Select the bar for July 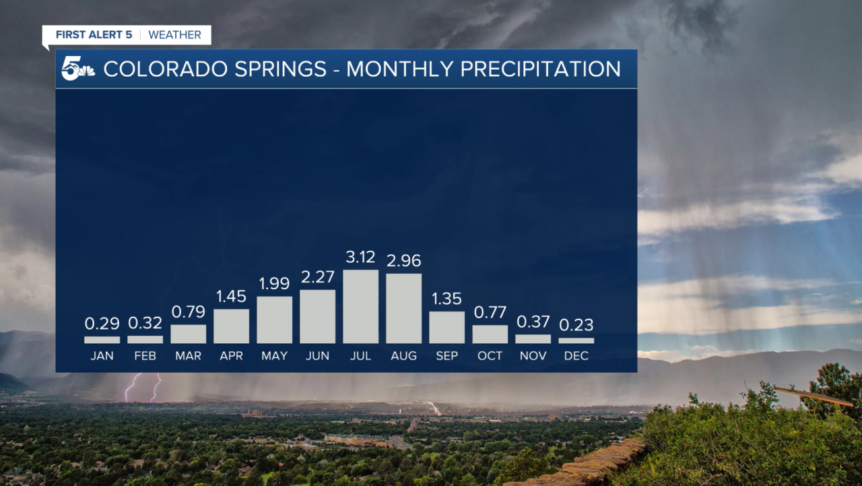tap(360, 307)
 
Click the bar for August tap(403, 309)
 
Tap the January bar tap(102, 340)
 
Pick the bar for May tap(274, 320)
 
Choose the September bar tap(446, 328)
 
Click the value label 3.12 tap(360, 257)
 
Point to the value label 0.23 tap(576, 325)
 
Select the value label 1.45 tap(231, 296)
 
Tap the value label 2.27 tap(317, 277)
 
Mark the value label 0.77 tap(490, 312)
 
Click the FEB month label tap(145, 356)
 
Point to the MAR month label tap(188, 356)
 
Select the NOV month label tap(533, 356)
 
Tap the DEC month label tap(576, 356)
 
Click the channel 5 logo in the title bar tap(77, 69)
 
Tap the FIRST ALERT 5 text tap(94, 35)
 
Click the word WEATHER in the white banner tap(174, 35)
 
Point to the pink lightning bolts tap(143, 387)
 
